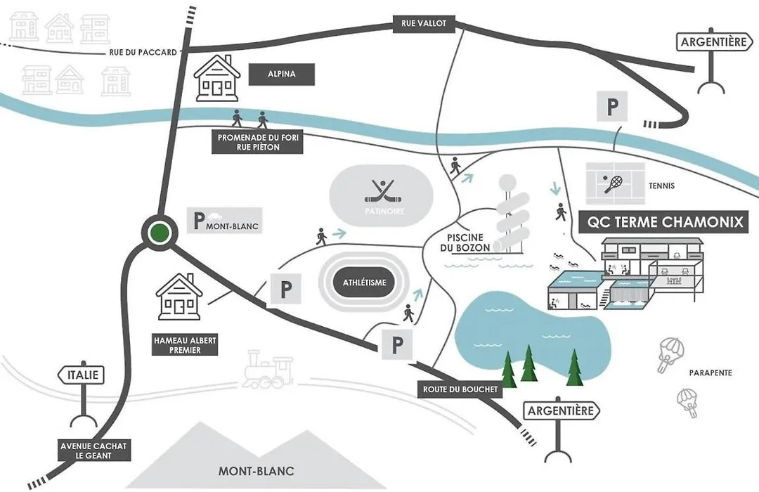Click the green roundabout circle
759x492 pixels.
[x=160, y=233]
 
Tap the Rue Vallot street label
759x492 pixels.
[x=424, y=23]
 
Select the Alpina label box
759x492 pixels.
[x=282, y=74]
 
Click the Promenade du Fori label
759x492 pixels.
[x=257, y=142]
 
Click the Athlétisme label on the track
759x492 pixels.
[x=365, y=283]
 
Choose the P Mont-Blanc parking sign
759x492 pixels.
[x=225, y=221]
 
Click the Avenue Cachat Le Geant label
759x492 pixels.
[x=93, y=451]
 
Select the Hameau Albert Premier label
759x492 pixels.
[x=185, y=345]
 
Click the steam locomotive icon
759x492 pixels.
[x=268, y=369]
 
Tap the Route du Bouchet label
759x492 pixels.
[x=460, y=389]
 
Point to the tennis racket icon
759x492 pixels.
[x=614, y=184]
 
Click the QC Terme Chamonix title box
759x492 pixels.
[x=664, y=222]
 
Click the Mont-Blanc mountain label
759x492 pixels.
[x=256, y=471]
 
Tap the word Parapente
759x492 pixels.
[x=711, y=373]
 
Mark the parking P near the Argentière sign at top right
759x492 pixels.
[x=612, y=106]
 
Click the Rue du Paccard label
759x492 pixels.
[x=143, y=52]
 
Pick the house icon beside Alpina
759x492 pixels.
[x=217, y=78]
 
